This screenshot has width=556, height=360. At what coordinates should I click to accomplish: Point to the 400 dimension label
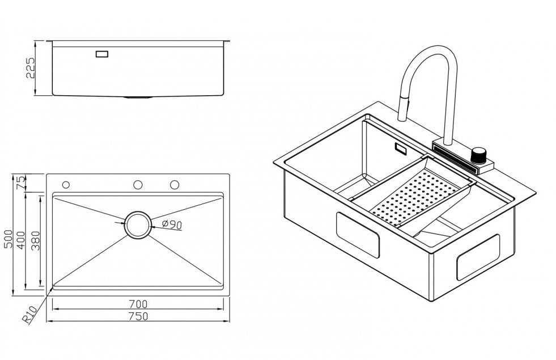tap(22, 241)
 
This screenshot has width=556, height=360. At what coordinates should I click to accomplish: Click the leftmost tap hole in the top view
tap(66, 185)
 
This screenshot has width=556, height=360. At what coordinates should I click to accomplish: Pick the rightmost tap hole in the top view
tap(175, 184)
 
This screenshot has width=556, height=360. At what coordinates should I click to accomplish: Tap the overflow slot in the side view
tap(103, 54)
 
